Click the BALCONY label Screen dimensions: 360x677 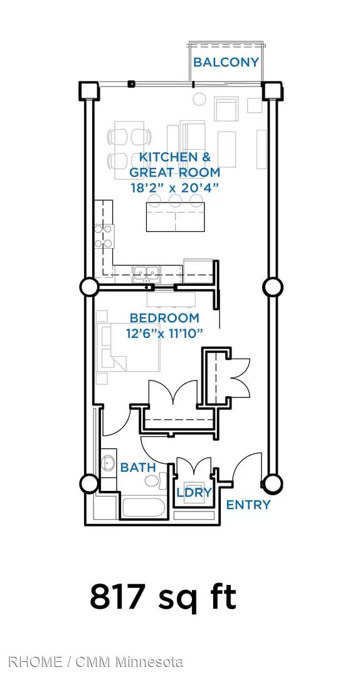point(226,62)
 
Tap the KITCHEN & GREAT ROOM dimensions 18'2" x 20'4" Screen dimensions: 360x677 point(174,188)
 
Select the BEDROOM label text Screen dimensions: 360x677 point(165,318)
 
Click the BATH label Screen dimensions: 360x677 point(138,467)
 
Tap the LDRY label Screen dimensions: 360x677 point(194,492)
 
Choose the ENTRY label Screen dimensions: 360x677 point(248,504)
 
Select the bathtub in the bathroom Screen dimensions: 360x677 point(142,508)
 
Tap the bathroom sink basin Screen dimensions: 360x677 point(108,463)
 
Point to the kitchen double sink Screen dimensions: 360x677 point(146,273)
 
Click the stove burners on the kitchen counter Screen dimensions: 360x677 point(104,236)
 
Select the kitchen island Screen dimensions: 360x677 point(175,216)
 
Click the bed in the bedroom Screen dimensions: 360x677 point(128,347)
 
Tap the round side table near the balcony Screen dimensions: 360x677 point(199,99)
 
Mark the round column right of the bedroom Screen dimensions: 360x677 point(273,286)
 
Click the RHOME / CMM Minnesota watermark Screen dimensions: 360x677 point(95,662)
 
